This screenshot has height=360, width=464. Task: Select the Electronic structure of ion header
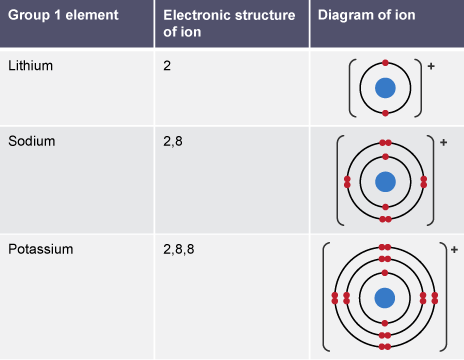tap(229, 24)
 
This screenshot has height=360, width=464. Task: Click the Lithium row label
tap(30, 65)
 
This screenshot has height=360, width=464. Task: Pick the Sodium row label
tap(31, 141)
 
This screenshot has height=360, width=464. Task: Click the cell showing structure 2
tap(166, 65)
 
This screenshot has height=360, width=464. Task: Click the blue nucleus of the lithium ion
tap(385, 88)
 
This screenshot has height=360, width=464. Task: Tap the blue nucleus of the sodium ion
tap(385, 182)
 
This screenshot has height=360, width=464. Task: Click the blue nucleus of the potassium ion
tap(385, 297)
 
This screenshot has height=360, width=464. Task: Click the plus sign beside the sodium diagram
tap(443, 142)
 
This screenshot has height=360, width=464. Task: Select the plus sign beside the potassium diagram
tap(453, 248)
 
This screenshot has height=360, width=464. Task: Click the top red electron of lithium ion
tap(385, 63)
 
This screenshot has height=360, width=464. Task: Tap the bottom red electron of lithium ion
tap(385, 113)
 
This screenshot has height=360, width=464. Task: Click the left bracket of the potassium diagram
tap(325, 297)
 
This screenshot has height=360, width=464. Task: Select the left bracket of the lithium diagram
tap(351, 88)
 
